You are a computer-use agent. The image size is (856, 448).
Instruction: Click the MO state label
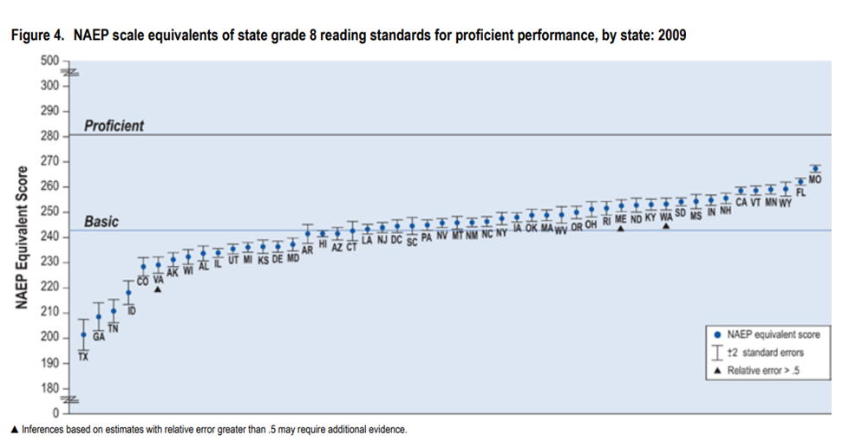pos(814,179)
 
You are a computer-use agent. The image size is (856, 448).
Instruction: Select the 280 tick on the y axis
pos(51,136)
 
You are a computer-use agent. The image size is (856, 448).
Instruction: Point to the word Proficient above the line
pos(114,126)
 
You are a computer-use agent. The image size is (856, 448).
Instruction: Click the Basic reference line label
pos(101,222)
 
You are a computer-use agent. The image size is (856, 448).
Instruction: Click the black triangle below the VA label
pos(158,289)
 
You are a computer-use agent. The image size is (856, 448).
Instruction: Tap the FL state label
pos(800,192)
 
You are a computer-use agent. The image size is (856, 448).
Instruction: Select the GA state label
pos(99,336)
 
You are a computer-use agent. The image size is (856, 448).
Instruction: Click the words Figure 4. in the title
pos(36,36)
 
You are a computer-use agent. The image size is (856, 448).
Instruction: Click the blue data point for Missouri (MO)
pos(814,168)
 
